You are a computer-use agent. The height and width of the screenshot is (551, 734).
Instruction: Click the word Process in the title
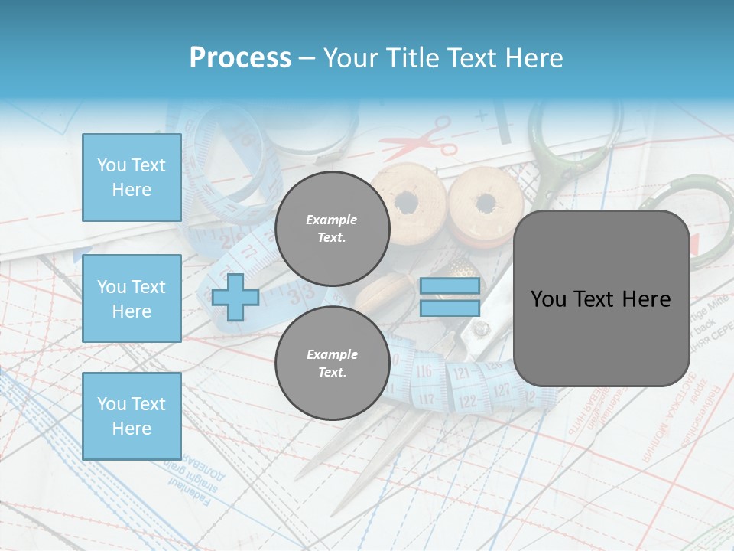pos(240,58)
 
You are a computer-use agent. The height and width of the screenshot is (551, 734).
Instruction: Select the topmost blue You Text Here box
pos(132,178)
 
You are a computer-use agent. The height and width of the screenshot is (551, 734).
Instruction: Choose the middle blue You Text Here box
pos(132,298)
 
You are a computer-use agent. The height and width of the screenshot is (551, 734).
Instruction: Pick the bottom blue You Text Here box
pos(132,416)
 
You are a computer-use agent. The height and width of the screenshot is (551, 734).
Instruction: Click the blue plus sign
pos(235,297)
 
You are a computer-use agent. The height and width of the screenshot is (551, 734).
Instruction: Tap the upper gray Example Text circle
pos(332,229)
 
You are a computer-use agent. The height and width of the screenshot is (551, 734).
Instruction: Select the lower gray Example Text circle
pos(332,364)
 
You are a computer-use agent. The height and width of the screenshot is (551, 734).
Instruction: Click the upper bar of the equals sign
pos(450,285)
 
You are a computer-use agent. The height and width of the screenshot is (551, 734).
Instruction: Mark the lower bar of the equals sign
pos(450,308)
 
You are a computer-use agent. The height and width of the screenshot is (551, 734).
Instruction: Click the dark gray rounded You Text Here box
pos(601,298)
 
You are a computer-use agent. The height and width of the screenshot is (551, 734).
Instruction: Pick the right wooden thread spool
pos(485,204)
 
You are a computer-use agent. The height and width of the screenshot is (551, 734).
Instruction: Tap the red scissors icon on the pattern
pos(419,138)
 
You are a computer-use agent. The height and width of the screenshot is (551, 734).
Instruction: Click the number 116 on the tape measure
pos(423,371)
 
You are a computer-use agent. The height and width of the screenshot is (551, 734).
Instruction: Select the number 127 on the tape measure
pos(502,390)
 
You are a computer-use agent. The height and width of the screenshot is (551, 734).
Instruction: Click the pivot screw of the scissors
pos(480,330)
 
